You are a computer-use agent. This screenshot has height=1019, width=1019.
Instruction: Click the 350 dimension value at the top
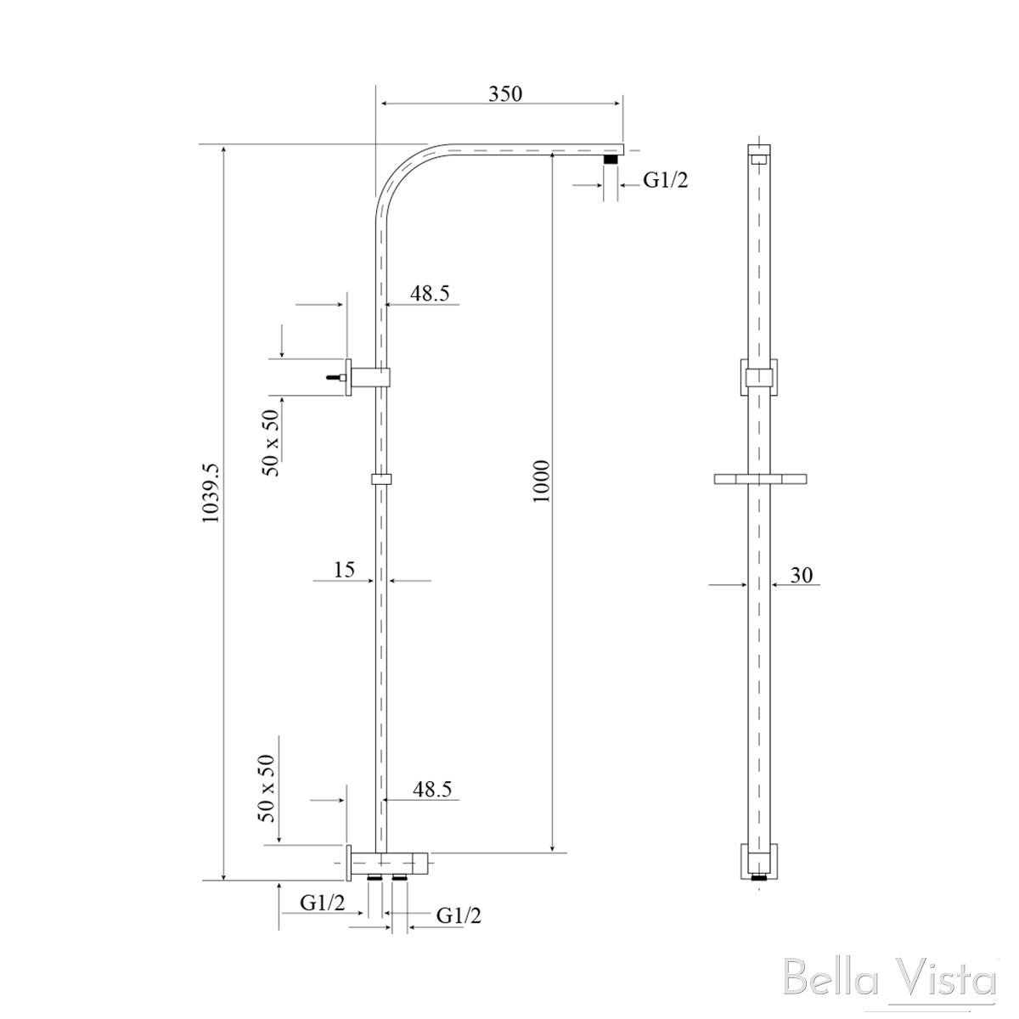click(x=504, y=93)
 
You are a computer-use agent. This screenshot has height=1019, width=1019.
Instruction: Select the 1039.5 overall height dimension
click(x=211, y=504)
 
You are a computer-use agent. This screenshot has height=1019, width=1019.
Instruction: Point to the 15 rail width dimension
click(x=344, y=570)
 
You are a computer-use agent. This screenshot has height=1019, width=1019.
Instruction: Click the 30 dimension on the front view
click(x=802, y=575)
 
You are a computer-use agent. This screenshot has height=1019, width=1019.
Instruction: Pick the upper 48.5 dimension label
click(x=430, y=293)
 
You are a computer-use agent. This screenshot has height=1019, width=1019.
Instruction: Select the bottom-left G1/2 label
click(x=323, y=904)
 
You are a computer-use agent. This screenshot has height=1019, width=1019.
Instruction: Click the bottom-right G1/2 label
click(x=459, y=915)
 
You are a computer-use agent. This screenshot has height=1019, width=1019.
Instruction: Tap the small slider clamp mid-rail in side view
click(x=381, y=480)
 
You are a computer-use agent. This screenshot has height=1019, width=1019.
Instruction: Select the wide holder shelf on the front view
click(x=758, y=480)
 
